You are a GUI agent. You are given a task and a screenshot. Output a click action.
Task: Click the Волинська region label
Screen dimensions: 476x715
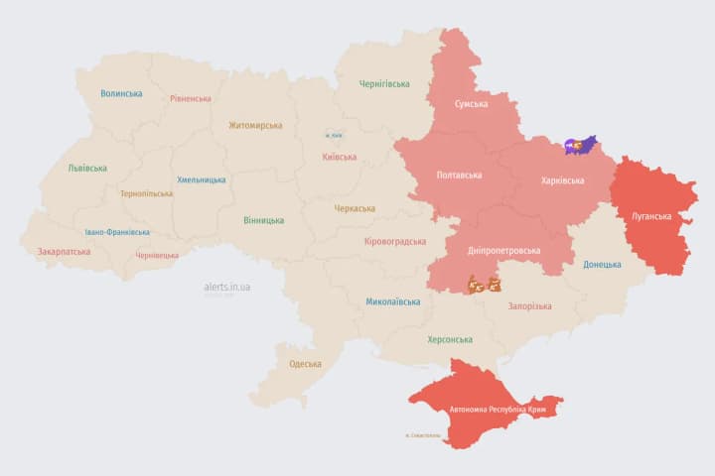pos(121,94)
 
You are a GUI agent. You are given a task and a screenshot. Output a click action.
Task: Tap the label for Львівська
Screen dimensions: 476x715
pos(87,169)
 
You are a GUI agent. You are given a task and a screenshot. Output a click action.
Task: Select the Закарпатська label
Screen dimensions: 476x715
pos(64,252)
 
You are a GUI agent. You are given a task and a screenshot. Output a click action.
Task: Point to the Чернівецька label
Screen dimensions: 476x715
pos(157,255)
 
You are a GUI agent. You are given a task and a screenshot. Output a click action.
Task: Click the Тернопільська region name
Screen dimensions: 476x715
pos(147,194)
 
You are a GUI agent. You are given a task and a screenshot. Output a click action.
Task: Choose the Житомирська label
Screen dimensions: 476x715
pos(255,126)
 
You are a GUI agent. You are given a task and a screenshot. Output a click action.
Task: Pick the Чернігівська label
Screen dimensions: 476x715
pos(384,84)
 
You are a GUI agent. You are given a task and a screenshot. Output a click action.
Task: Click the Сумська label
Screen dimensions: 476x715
pos(471,104)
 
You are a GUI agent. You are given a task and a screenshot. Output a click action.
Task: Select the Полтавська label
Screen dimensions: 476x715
pos(460,176)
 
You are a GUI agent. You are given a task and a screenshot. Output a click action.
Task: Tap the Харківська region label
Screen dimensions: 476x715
pos(562,180)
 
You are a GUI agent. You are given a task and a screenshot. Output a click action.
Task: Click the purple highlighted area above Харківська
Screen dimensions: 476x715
pos(581,146)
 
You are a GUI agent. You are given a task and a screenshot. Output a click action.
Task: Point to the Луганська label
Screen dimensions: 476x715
pos(651,215)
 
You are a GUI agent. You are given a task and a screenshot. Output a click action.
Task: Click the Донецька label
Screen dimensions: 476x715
pos(602,265)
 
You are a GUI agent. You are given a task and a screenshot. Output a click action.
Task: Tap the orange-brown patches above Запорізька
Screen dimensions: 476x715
pos(485,286)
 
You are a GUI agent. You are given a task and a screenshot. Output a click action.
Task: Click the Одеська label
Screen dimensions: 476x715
pos(305,364)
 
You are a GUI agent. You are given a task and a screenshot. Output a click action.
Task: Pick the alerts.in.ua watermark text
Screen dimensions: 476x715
pos(227,287)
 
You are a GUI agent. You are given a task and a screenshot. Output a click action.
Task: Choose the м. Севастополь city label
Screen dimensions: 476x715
pos(423,436)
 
